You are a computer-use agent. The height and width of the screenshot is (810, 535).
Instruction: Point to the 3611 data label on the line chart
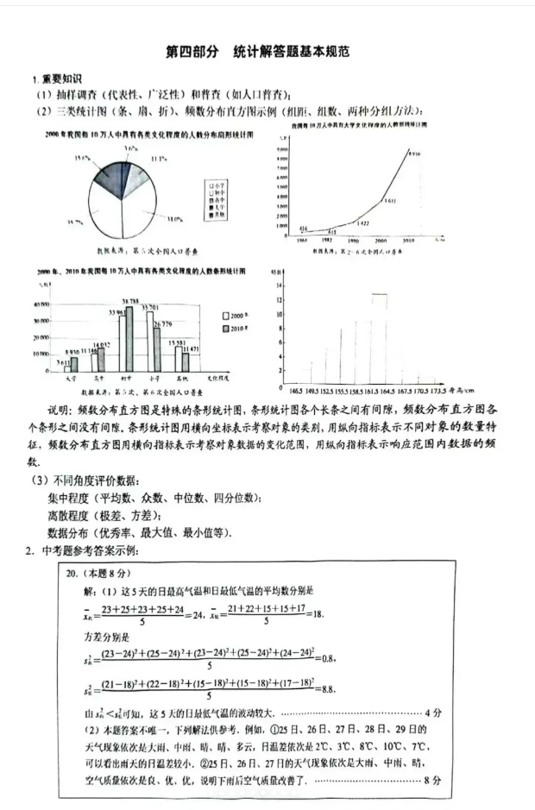pyautogui.click(x=390, y=200)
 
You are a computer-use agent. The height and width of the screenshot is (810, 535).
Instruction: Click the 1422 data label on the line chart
pyautogui.click(x=362, y=223)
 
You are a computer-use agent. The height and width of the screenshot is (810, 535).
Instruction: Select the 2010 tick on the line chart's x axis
pyautogui.click(x=408, y=239)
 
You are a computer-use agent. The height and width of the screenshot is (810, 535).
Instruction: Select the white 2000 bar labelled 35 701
pyautogui.click(x=149, y=342)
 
